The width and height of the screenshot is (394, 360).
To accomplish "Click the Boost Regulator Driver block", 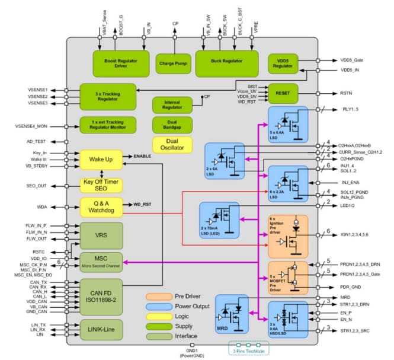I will (x=117, y=63).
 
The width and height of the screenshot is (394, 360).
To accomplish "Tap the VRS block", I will (x=101, y=235).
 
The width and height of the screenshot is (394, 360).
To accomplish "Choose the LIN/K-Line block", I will (x=101, y=330).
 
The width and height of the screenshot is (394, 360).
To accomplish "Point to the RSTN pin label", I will (x=347, y=93).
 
